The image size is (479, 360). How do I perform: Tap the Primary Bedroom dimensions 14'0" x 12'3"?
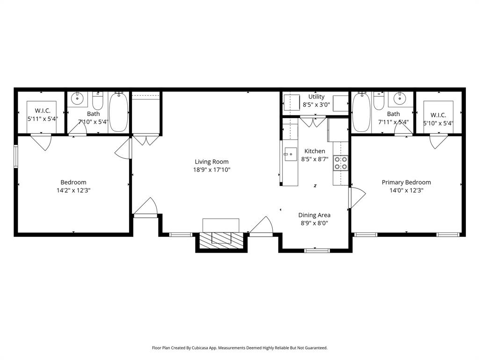coord(406,190)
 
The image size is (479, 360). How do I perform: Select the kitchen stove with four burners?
coord(341,163)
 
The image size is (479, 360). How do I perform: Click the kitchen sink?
coord(290,154)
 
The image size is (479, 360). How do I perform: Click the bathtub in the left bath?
coord(118,112)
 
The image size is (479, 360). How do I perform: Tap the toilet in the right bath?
coord(378,101)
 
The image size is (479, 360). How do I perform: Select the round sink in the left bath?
coord(77,99)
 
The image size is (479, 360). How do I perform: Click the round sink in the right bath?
coord(400,99)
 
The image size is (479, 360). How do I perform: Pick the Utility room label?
coord(316,97)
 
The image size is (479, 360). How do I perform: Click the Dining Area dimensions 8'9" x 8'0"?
coord(314,223)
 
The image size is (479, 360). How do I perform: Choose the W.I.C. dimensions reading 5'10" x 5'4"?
coord(438,123)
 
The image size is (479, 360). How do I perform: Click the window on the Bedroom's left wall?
coord(16,157)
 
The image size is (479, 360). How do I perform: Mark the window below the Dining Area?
coord(317,250)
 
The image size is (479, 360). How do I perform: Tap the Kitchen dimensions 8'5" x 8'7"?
coord(315,159)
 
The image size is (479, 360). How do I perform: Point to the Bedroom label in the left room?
coord(73,182)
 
